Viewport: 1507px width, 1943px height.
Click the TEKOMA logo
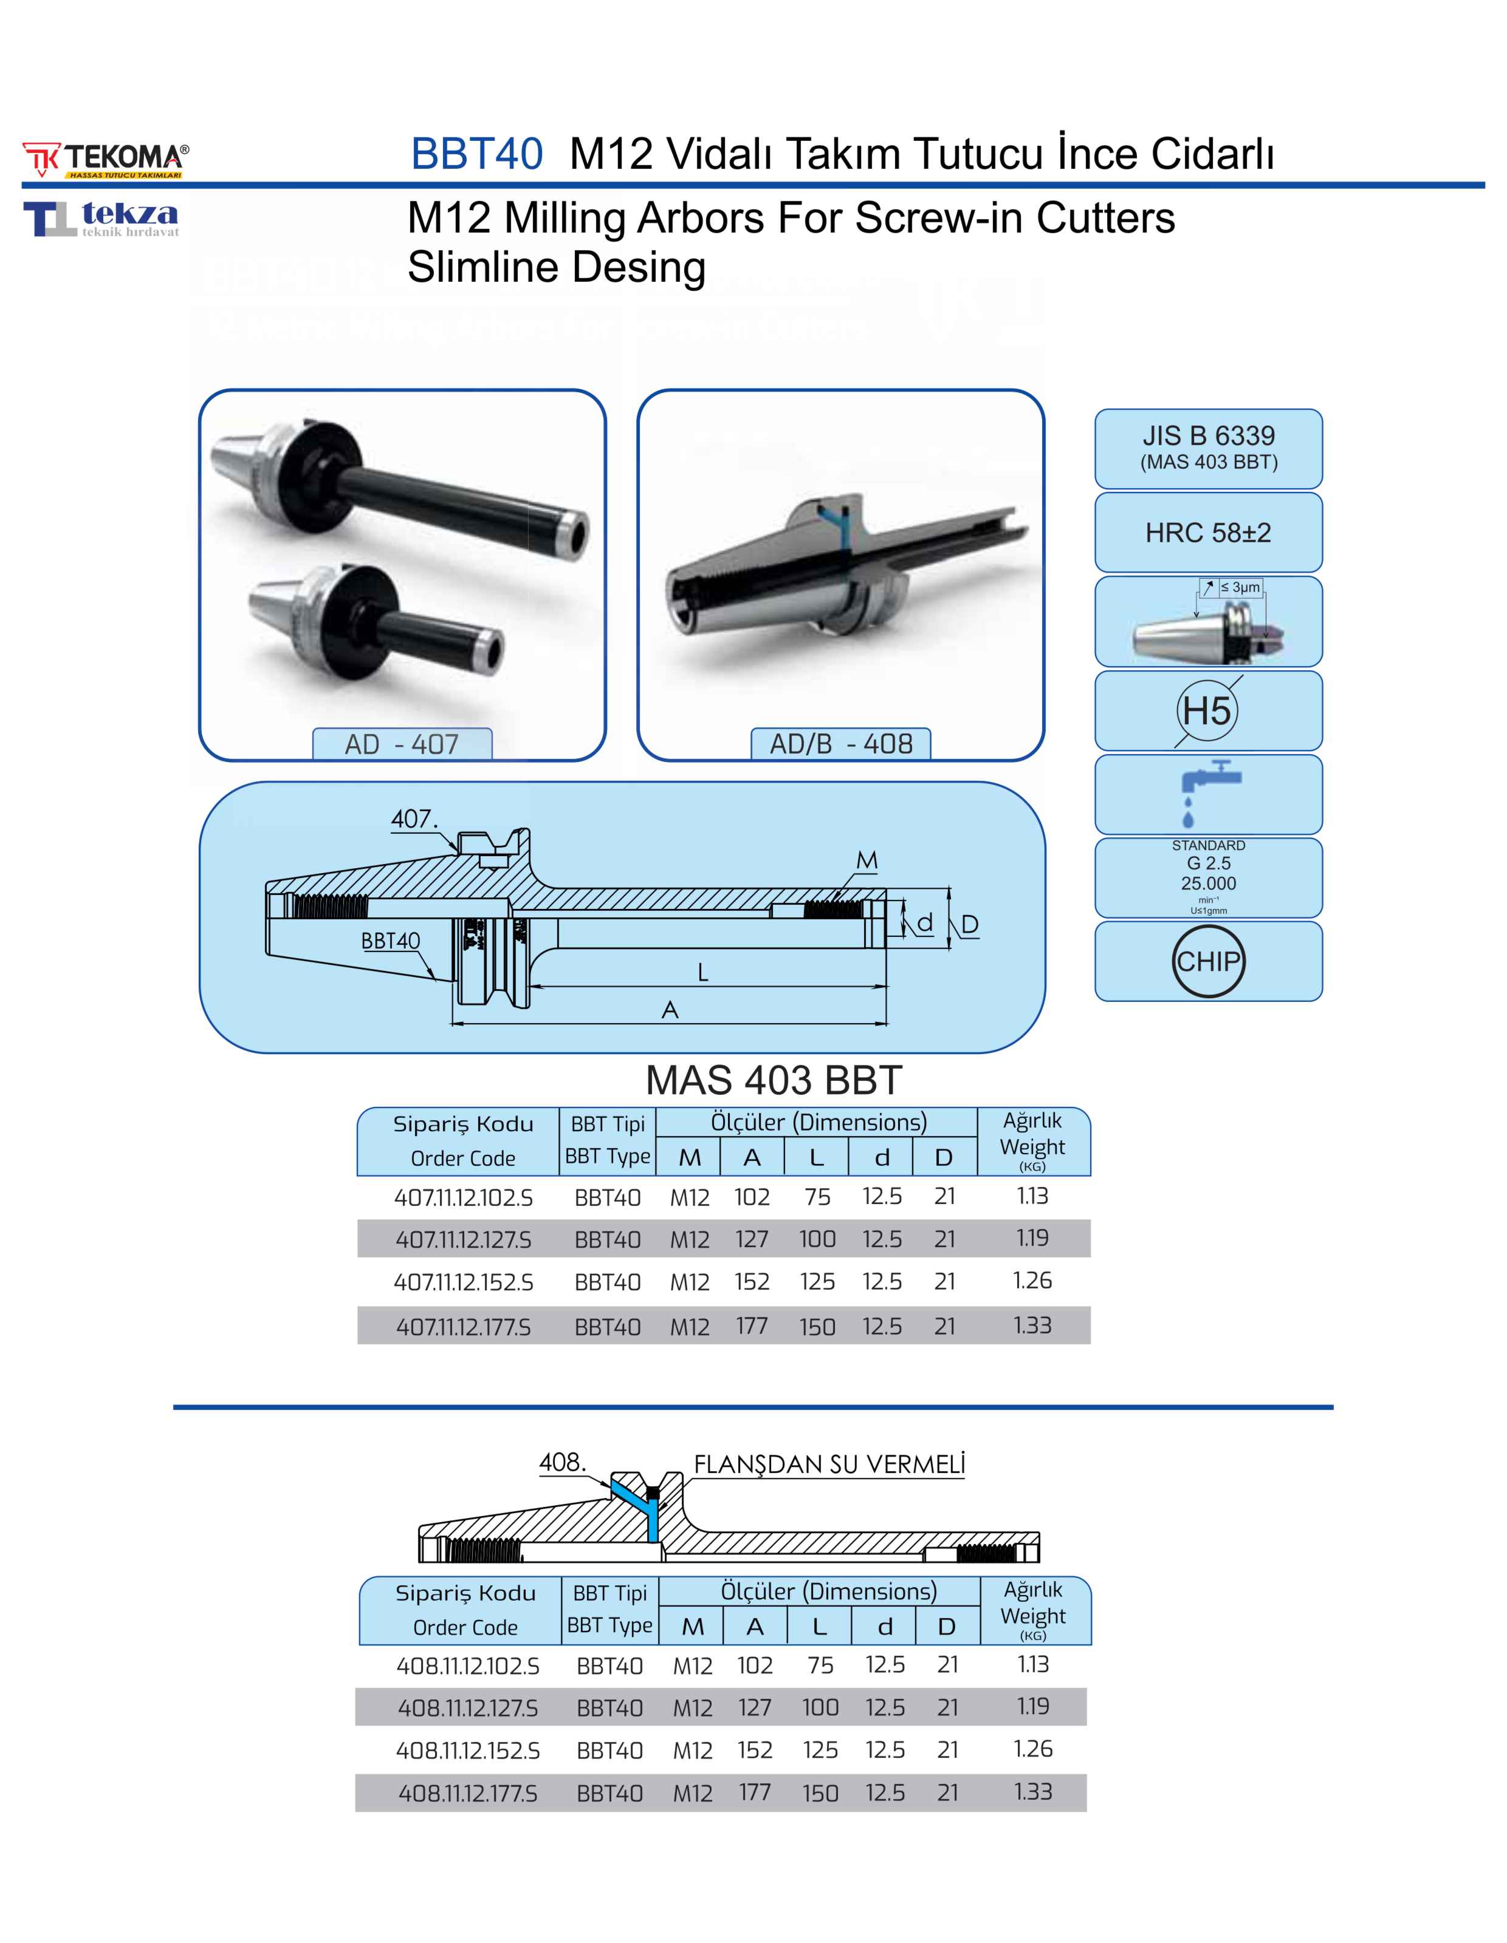[106, 159]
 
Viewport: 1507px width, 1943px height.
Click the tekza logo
[101, 219]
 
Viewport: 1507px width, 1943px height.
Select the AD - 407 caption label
[402, 744]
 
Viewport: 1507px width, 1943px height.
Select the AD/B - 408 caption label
[840, 744]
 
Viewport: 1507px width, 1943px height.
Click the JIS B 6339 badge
[1208, 447]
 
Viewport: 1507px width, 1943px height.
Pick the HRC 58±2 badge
[1208, 533]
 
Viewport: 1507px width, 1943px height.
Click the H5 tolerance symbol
[1207, 711]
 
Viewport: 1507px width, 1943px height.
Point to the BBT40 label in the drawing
[390, 941]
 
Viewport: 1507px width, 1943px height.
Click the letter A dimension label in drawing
[670, 1010]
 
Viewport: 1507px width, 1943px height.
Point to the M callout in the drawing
[867, 860]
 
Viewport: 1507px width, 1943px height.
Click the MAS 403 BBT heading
[774, 1080]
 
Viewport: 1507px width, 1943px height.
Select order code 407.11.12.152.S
[464, 1282]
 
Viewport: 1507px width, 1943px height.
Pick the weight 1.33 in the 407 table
[1032, 1325]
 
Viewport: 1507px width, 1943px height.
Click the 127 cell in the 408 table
[754, 1707]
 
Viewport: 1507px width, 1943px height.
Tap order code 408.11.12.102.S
[469, 1666]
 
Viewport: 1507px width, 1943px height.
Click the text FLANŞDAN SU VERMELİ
[829, 1465]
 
